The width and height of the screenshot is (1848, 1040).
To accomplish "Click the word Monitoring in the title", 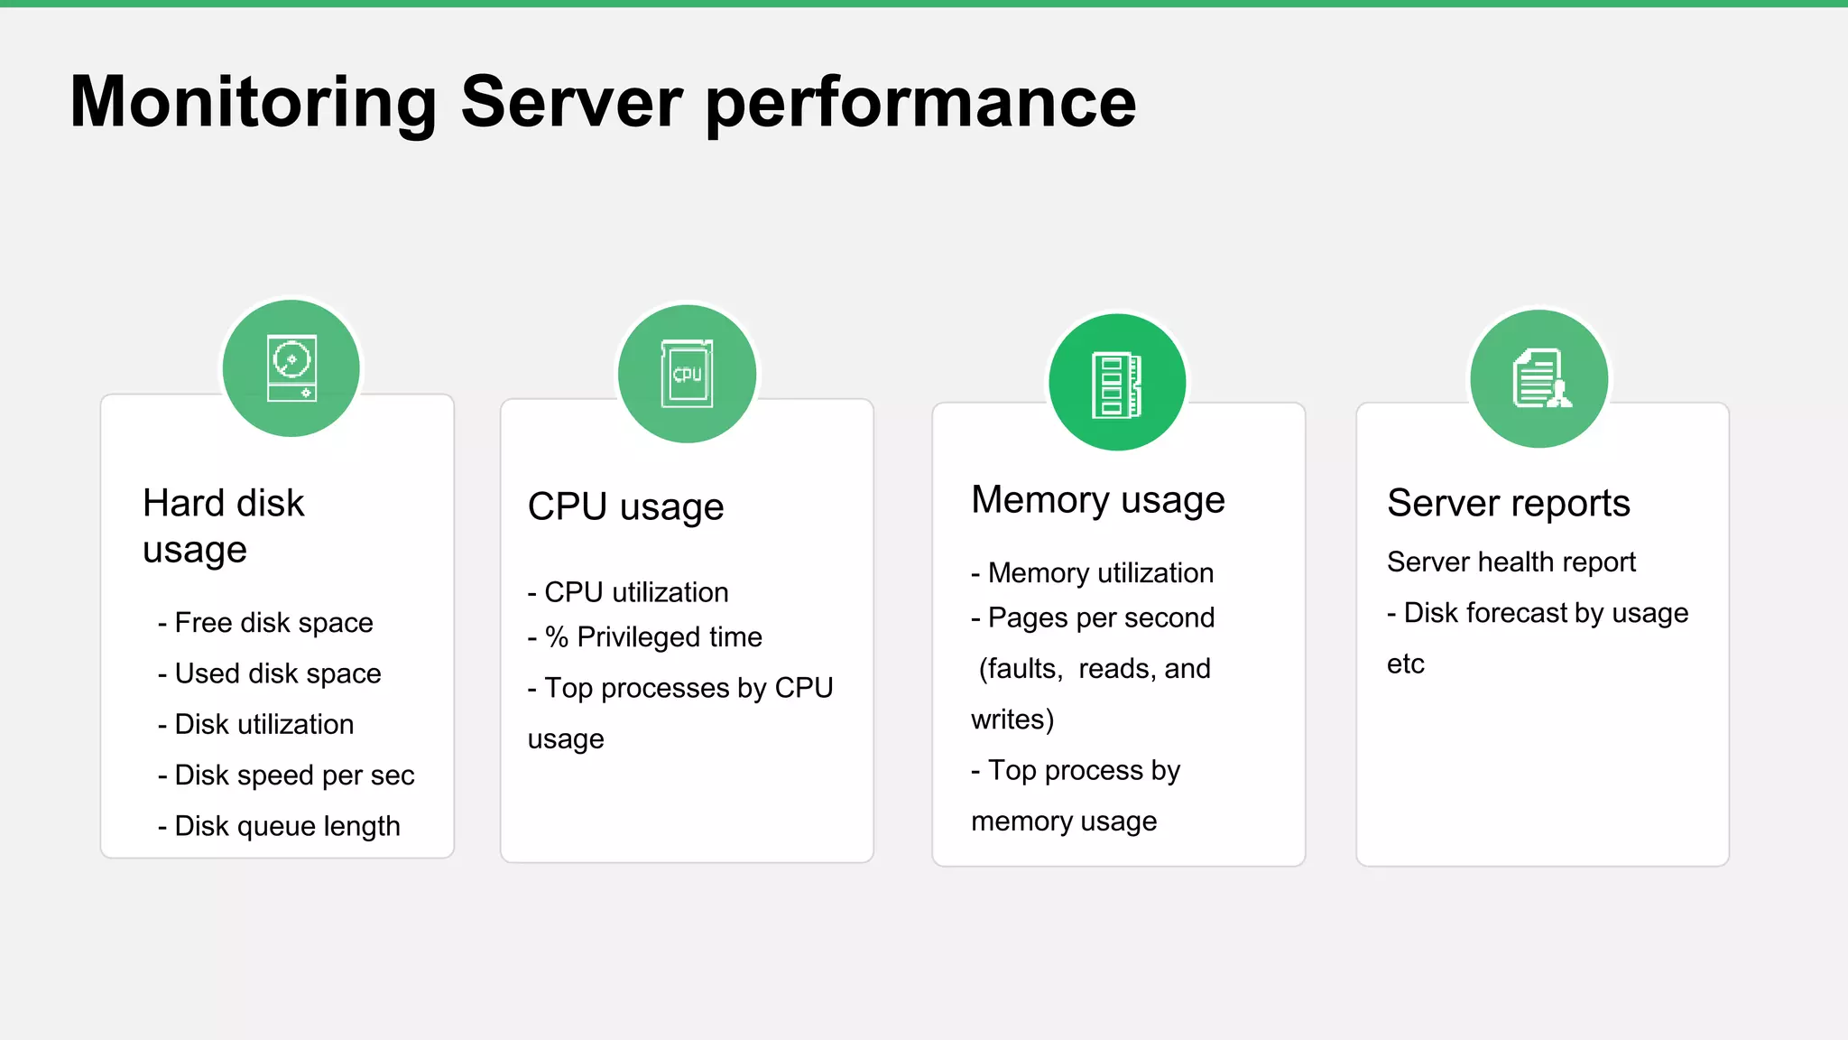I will coord(253,103).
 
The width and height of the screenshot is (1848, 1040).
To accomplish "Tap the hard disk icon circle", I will coord(291,368).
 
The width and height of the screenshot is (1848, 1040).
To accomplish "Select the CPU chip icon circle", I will coord(688,374).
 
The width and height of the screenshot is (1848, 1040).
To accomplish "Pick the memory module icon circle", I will coord(1117,382).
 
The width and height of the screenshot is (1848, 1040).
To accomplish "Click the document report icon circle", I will coord(1539,378).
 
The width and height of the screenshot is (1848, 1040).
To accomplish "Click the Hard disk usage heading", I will coord(223,525).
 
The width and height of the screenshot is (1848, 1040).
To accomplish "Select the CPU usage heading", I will coord(625,506).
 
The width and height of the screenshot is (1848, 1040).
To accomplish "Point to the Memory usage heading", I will coord(1097,500).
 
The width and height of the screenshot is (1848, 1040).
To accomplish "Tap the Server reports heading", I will coord(1508,503).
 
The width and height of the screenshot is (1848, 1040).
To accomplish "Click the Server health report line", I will coord(1511,562).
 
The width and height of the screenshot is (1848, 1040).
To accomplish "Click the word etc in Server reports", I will coord(1405,664).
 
